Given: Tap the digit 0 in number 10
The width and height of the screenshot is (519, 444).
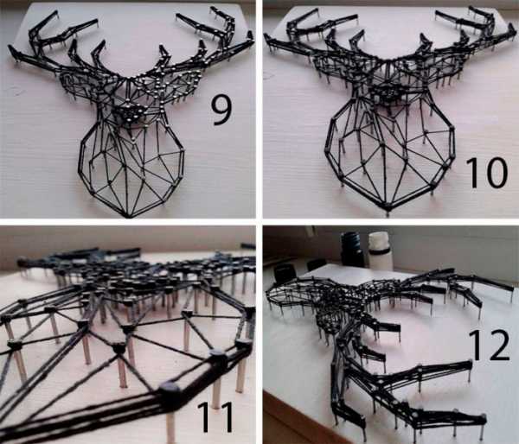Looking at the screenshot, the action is pyautogui.click(x=494, y=173).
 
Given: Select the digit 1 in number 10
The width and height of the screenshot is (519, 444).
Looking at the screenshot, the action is pyautogui.click(x=471, y=173).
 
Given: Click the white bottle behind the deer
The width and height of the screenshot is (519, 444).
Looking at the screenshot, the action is pyautogui.click(x=380, y=251).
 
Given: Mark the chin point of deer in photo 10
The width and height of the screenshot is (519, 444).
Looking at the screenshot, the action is pyautogui.click(x=388, y=211).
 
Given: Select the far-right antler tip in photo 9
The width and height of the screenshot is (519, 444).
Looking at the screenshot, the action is pyautogui.click(x=251, y=34).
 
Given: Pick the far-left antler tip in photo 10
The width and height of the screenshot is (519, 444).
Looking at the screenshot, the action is pyautogui.click(x=266, y=35).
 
